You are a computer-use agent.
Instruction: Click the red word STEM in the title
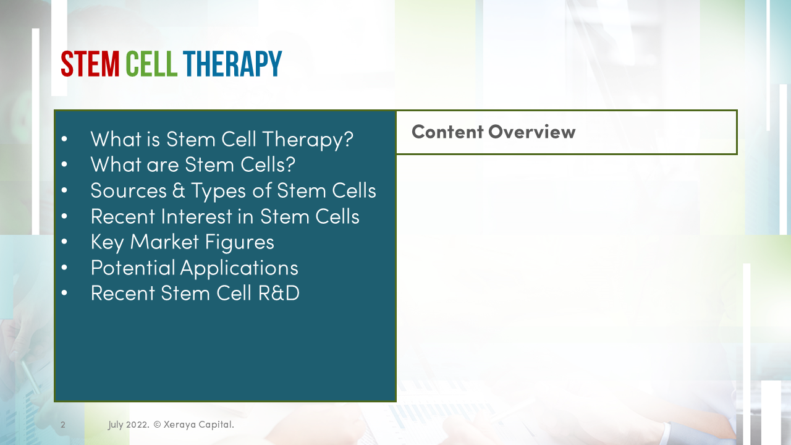[90, 64]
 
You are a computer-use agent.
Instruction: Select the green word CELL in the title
[151, 64]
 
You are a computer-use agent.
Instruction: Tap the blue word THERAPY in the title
[232, 64]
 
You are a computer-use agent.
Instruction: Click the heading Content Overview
[493, 132]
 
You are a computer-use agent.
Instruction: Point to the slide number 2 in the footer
[63, 425]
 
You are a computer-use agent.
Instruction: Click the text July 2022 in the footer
[128, 425]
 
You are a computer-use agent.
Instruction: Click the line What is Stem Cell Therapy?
[221, 138]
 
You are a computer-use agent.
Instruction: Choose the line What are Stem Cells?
[193, 164]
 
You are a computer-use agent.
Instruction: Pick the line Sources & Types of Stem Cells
[233, 190]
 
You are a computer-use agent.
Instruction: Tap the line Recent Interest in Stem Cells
[225, 216]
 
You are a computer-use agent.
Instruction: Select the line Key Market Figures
[182, 242]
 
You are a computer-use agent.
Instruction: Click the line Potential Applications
[194, 268]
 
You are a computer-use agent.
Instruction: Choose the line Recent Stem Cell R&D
[195, 293]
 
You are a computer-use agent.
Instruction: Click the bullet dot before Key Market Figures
[64, 242]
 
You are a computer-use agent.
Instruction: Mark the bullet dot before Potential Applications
[64, 268]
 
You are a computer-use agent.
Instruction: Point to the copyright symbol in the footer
[157, 425]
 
